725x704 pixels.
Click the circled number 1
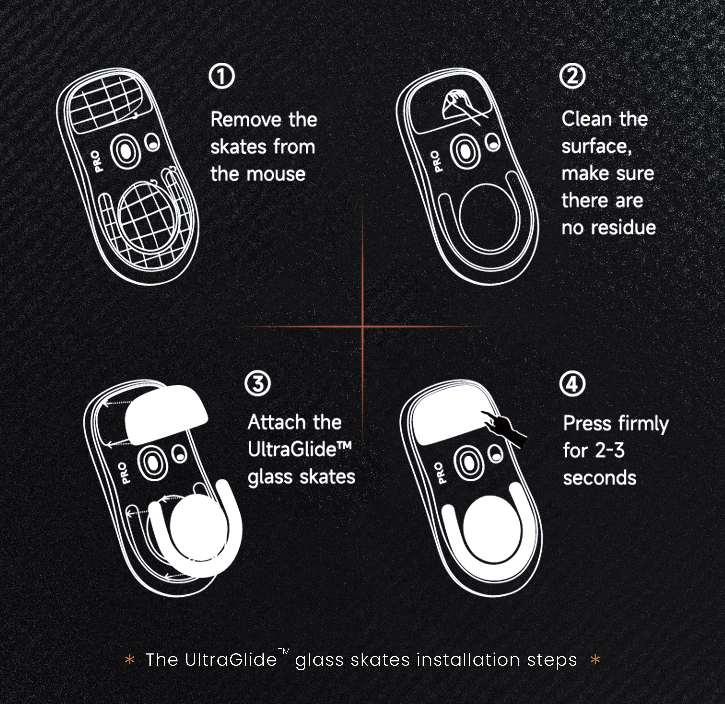(222, 77)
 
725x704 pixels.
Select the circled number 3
(258, 384)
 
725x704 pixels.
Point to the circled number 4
(572, 384)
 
